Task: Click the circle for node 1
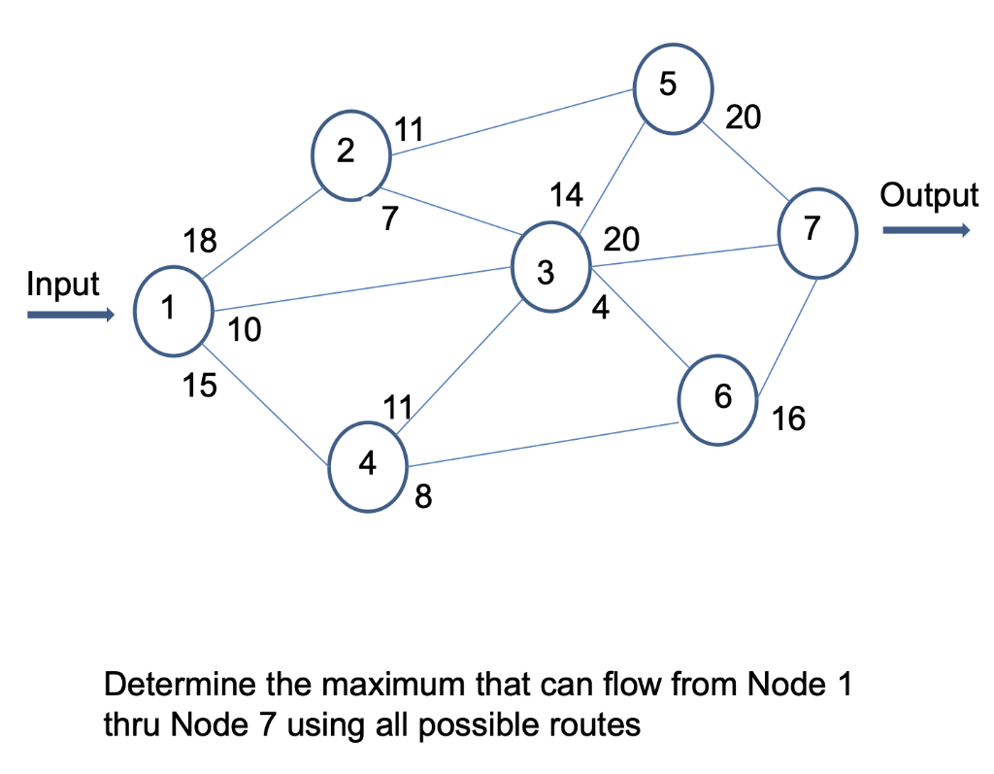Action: pos(173,310)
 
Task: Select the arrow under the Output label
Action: pos(925,230)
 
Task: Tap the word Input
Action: pos(63,285)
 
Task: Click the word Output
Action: pos(929,195)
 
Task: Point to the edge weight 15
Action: pos(200,386)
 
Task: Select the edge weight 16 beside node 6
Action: pos(788,420)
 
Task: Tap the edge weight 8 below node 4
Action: pos(423,498)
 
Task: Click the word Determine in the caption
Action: pos(179,685)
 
